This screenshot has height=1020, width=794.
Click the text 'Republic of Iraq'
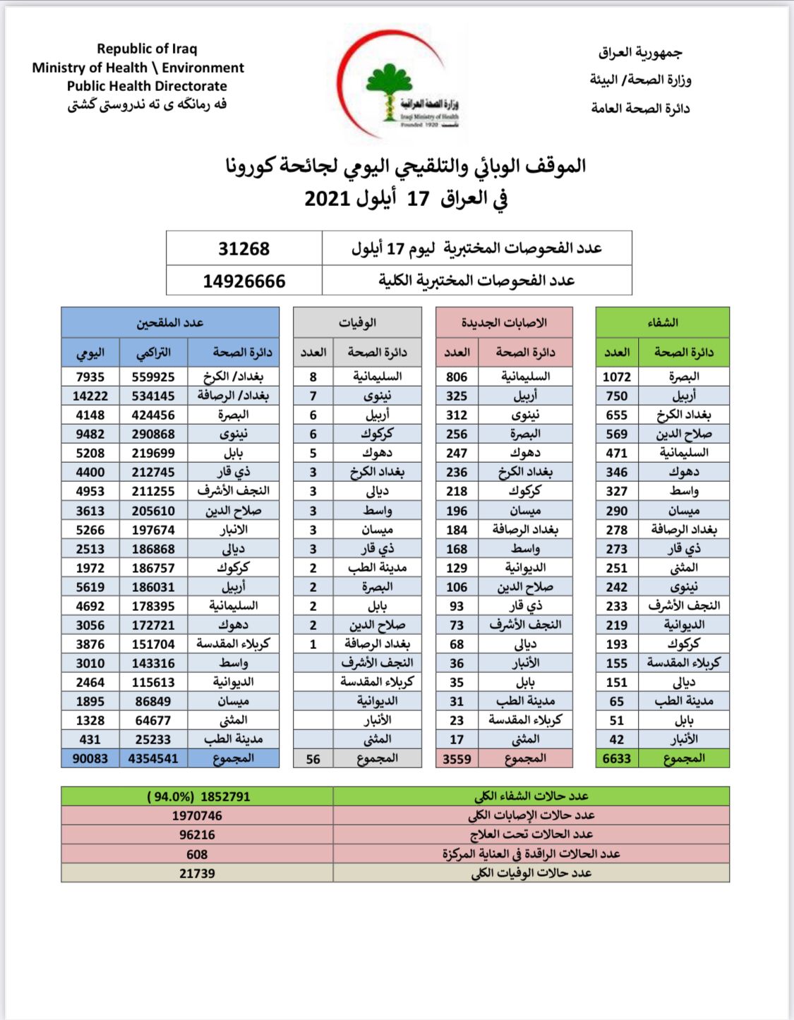147,49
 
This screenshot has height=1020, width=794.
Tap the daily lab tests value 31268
243,249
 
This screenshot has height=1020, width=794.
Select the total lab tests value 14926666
243,281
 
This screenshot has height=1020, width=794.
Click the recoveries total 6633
616,758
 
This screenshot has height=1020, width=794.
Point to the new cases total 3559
457,759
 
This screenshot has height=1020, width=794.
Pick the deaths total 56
313,759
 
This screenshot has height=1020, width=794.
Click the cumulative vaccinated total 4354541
153,758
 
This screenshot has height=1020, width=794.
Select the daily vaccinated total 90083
90,758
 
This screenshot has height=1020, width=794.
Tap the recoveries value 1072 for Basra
616,377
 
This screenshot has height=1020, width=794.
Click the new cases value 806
457,377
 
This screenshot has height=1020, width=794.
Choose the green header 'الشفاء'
663,322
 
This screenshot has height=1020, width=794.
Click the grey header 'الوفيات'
357,323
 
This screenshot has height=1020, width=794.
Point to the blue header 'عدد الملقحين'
170,322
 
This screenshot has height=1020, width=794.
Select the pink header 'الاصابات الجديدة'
504,322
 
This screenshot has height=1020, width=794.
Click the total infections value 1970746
197,815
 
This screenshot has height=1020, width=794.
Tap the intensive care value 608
197,854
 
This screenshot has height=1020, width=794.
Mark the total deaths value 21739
197,873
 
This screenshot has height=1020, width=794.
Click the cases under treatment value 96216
197,834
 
